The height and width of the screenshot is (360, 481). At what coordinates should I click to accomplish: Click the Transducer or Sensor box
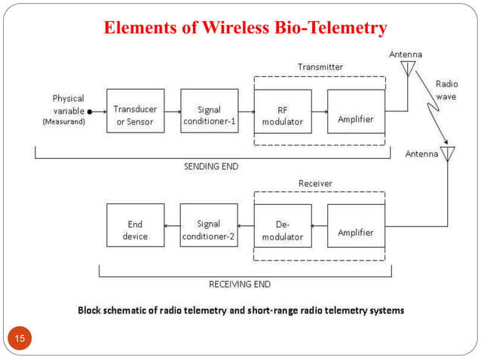pyautogui.click(x=135, y=111)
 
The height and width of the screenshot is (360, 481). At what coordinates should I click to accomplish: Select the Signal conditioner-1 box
pyautogui.click(x=209, y=111)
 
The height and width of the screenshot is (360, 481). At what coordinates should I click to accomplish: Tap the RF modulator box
pyautogui.click(x=282, y=111)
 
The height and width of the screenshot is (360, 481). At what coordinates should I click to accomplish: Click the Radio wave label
pyautogui.click(x=446, y=90)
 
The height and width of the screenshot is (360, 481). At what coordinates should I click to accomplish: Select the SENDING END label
pyautogui.click(x=213, y=166)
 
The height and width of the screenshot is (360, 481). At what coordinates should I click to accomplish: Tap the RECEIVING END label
pyautogui.click(x=239, y=285)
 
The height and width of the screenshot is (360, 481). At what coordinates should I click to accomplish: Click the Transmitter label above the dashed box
pyautogui.click(x=320, y=67)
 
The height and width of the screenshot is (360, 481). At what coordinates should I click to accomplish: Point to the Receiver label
pyautogui.click(x=315, y=183)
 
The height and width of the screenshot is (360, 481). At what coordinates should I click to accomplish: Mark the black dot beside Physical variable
pyautogui.click(x=90, y=111)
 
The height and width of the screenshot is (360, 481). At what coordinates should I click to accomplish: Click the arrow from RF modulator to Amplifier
pyautogui.click(x=318, y=111)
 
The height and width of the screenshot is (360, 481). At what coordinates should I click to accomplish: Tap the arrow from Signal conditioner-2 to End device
pyautogui.click(x=171, y=225)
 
